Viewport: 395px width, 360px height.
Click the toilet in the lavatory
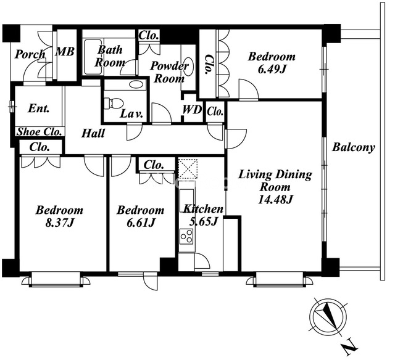pyautogui.click(x=114, y=103)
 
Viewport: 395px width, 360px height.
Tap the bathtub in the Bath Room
pyautogui.click(x=93, y=57)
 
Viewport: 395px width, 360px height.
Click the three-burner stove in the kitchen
pyautogui.click(x=186, y=236)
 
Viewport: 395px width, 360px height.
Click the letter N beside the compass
pyautogui.click(x=349, y=348)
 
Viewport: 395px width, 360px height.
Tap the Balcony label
pyautogui.click(x=354, y=148)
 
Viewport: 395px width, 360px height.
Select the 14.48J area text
pyautogui.click(x=275, y=200)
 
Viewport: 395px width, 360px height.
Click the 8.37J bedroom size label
pyautogui.click(x=59, y=223)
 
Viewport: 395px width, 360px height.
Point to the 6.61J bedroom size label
pyautogui.click(x=140, y=223)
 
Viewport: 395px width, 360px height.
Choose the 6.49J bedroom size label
pyautogui.click(x=272, y=69)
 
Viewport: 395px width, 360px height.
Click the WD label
pyautogui.click(x=192, y=110)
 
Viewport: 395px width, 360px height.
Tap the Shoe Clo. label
pyautogui.click(x=39, y=131)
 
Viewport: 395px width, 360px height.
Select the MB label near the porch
pyautogui.click(x=65, y=52)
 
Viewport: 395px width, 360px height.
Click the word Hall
pyautogui.click(x=93, y=133)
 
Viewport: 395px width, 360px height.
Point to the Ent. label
pyautogui.click(x=38, y=108)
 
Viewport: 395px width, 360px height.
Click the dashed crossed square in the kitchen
pyautogui.click(x=188, y=168)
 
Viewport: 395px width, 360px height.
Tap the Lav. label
pyautogui.click(x=131, y=114)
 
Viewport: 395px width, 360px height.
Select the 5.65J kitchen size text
pyautogui.click(x=203, y=221)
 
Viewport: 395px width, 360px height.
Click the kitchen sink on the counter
pyautogui.click(x=186, y=198)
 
